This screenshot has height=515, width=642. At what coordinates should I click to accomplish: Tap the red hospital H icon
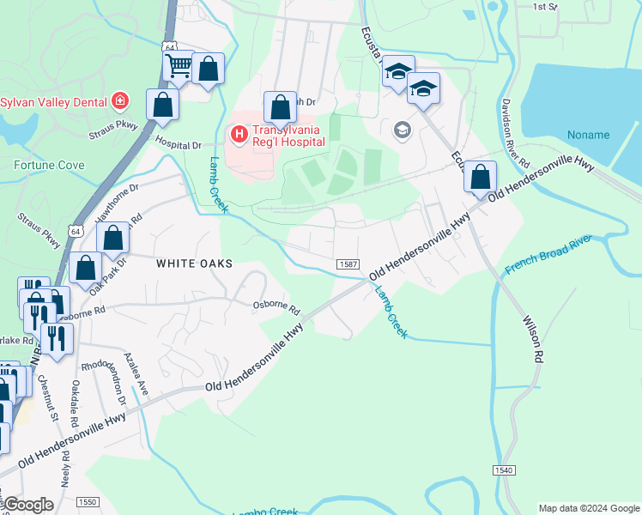(237, 135)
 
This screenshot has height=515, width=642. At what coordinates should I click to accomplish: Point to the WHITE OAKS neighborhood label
(194, 264)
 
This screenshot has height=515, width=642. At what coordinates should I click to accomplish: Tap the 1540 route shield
(504, 471)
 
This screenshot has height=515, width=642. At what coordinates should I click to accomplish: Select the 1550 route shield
(87, 501)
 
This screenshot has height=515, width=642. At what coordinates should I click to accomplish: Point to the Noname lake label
(588, 135)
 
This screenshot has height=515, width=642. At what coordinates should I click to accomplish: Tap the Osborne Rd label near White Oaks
(276, 306)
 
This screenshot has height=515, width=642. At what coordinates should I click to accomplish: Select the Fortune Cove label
(49, 164)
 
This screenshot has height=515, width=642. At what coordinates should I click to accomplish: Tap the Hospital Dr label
(178, 146)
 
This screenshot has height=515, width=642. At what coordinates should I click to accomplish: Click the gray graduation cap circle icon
(401, 130)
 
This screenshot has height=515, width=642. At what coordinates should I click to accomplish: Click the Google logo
(29, 505)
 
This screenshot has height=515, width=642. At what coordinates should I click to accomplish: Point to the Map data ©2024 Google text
(589, 508)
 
